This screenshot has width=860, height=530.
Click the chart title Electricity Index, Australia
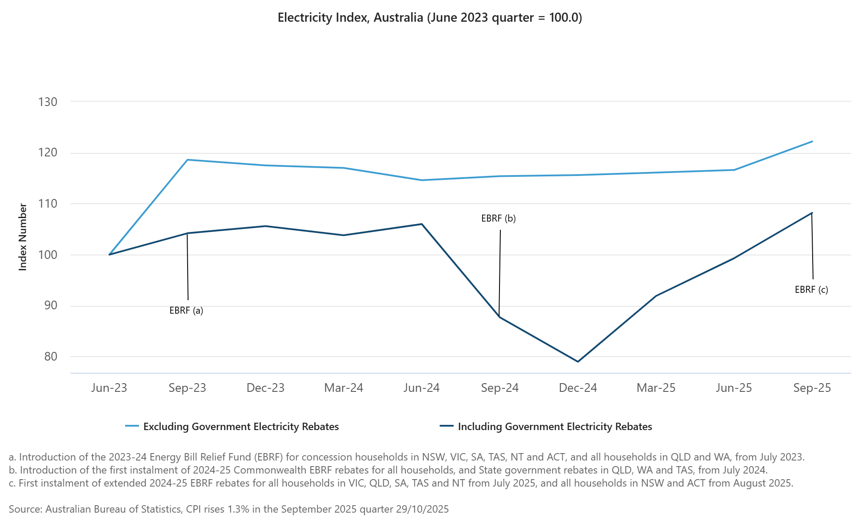pos(430,18)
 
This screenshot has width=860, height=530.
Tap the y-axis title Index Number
pos(23,237)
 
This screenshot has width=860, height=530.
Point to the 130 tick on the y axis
pos(48,102)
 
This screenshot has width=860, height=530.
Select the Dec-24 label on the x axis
pos(578,388)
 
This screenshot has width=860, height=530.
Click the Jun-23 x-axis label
pos(109,388)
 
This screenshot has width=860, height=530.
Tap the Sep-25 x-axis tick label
pos(812,388)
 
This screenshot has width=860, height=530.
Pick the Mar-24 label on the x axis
pos(344,388)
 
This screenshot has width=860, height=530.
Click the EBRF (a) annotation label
pos(186,311)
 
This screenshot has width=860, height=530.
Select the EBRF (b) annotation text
pos(499,219)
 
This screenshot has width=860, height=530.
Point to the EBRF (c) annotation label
pos(811,290)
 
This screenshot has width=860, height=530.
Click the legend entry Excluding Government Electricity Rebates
pos(241,427)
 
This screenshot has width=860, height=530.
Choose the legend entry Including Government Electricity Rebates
pos(555,427)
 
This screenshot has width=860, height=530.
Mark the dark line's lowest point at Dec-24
pos(578,361)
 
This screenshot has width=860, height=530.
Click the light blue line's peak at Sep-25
pos(812,142)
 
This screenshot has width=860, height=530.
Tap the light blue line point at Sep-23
pos(187,160)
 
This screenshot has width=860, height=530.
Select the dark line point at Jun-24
pos(421,224)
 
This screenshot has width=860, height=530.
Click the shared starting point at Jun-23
pos(109,255)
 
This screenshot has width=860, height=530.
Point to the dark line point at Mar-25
pos(656,296)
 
